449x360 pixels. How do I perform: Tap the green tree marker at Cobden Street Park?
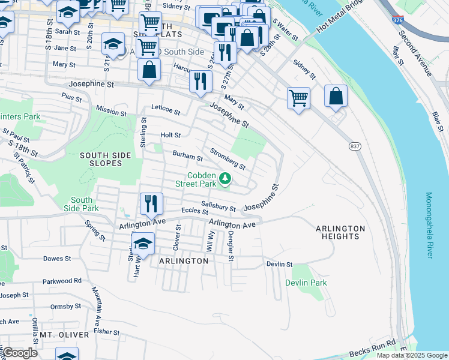[225, 178]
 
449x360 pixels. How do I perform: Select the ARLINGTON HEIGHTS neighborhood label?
[340, 232]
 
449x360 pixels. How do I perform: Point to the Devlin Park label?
[306, 283]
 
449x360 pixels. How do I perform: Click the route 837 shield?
[355, 146]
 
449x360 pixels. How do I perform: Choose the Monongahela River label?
[429, 226]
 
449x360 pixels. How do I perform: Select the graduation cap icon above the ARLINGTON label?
[143, 243]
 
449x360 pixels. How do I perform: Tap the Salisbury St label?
[218, 206]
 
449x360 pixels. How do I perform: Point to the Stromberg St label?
[227, 159]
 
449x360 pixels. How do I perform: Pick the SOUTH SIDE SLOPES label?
[105, 160]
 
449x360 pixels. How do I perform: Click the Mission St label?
[111, 111]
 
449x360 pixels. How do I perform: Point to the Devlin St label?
[279, 264]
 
